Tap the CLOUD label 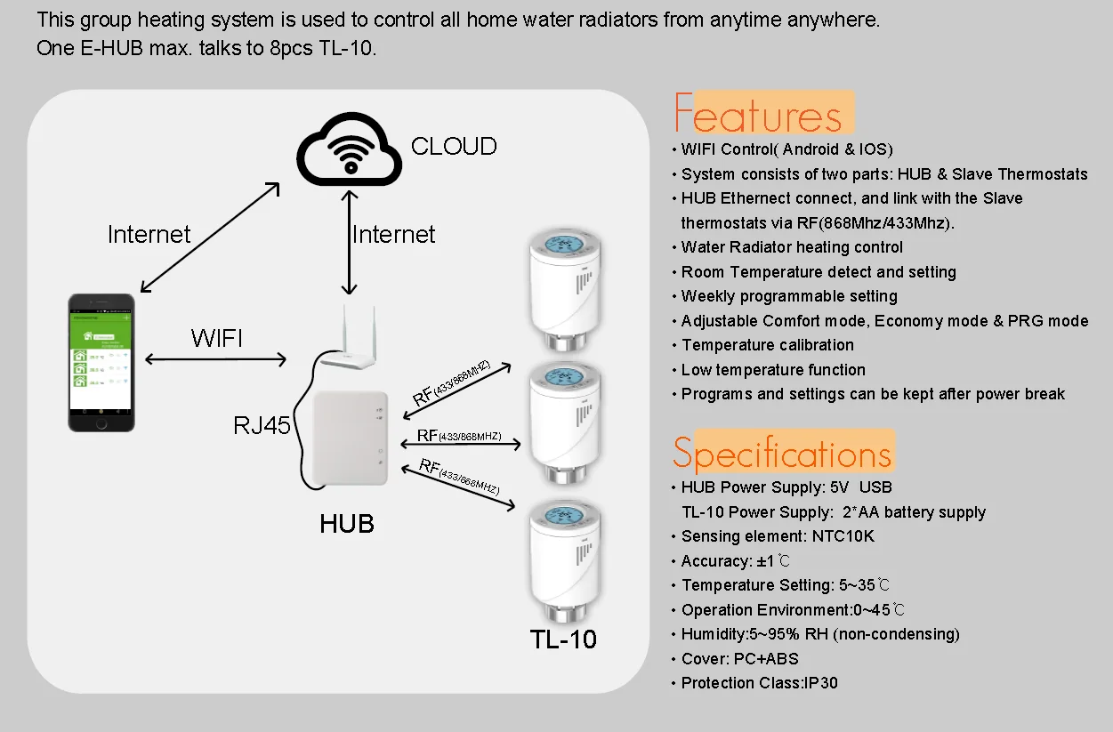click(454, 146)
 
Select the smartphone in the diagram click(102, 363)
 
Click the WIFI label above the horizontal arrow click(216, 338)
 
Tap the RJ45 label click(262, 426)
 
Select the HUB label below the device click(347, 524)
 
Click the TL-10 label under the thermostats click(563, 639)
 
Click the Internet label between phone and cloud click(149, 235)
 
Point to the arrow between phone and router click(215, 359)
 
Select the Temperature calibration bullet click(767, 345)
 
